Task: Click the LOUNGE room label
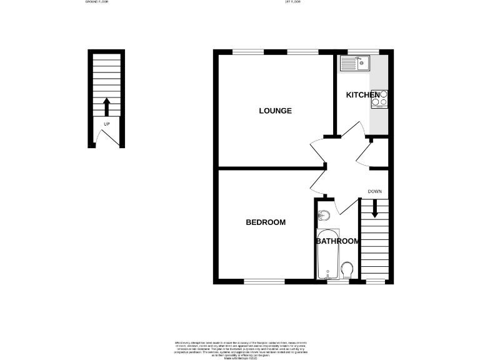(x=276, y=111)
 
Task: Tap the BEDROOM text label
(x=266, y=222)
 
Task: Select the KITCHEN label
(x=362, y=95)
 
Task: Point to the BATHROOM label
(x=337, y=241)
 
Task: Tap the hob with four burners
(x=379, y=98)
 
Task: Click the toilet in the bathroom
(x=347, y=270)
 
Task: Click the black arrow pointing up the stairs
(x=106, y=106)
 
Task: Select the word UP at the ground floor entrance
(x=106, y=124)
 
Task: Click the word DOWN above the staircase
(x=375, y=191)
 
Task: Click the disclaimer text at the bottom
(x=241, y=348)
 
